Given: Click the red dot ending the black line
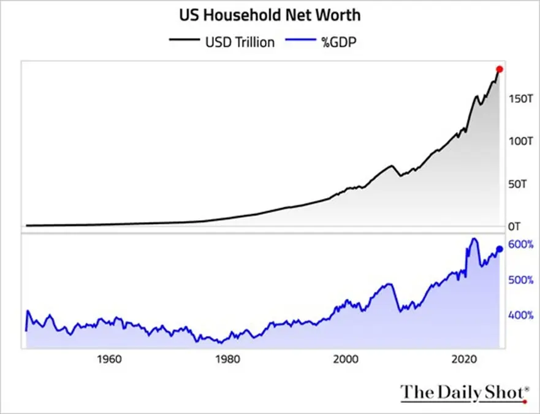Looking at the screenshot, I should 500,69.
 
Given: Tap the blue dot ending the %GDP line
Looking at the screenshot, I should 500,249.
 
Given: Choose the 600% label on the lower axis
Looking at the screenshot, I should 521,245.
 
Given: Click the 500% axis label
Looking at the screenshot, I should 521,280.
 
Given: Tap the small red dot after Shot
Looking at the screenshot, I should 525,402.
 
